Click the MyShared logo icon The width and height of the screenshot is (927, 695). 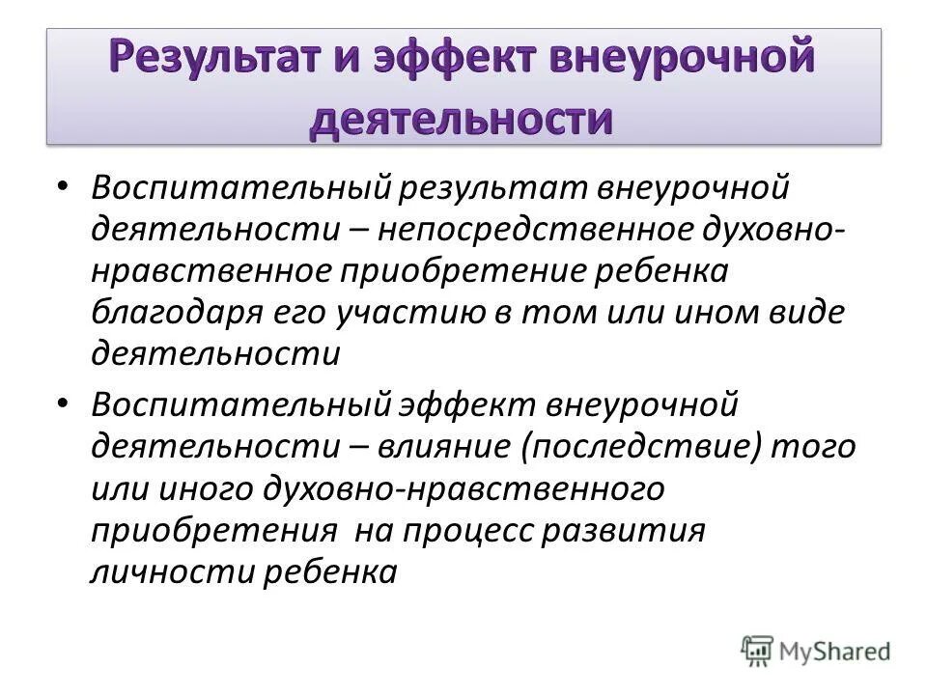click(758, 650)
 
